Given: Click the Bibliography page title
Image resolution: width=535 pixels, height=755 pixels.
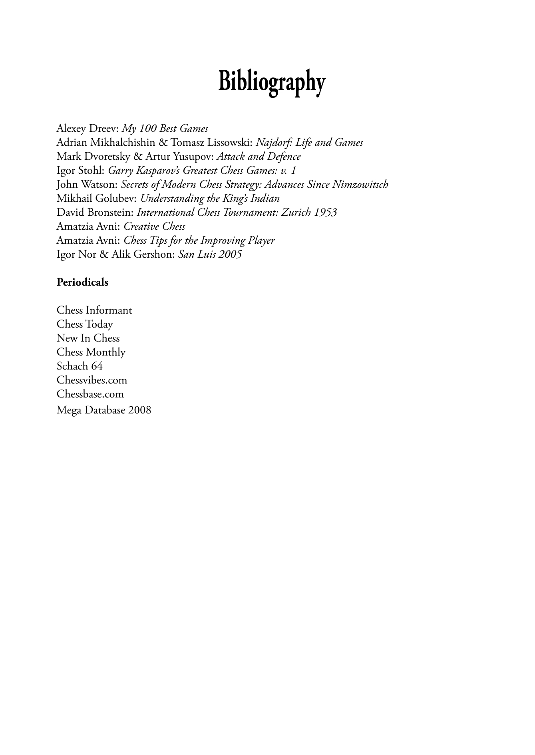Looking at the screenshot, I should coord(272,82).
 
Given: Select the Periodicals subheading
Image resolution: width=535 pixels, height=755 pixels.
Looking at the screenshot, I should coord(82,282).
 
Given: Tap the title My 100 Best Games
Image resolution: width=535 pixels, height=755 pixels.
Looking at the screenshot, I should coord(165,129).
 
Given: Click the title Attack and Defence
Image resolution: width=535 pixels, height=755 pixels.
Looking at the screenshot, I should coord(258,157).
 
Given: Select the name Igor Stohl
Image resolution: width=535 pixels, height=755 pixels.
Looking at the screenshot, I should coord(80,171).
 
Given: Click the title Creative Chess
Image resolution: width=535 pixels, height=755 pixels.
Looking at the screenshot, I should coord(154,226).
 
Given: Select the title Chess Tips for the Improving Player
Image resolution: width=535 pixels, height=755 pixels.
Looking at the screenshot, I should coord(199,240).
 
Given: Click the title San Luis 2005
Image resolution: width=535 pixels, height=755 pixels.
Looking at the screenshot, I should coord(210,254).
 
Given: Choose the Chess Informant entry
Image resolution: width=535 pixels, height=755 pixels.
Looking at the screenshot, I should coord(94,310).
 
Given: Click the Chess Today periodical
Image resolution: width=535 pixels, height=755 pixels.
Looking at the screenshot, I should coord(85,324).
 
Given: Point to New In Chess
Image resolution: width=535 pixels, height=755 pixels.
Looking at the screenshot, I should coord(88,338).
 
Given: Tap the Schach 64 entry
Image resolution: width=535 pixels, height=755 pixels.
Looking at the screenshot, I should coord(80,366).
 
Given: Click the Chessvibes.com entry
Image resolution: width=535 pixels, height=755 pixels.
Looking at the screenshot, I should coord(92,380).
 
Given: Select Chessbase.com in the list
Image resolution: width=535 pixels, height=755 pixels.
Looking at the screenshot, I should coord(90,394).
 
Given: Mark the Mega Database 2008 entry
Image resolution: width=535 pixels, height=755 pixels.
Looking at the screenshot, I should coord(104,410).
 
